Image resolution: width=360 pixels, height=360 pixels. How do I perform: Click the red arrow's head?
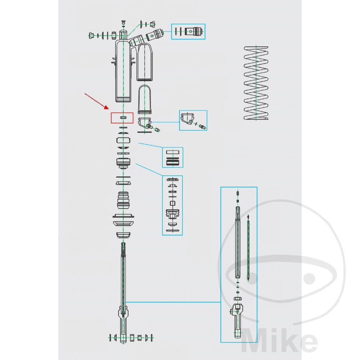107,107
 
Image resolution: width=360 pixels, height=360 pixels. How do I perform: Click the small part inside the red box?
123,118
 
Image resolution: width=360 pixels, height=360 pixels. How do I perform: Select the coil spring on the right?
256,83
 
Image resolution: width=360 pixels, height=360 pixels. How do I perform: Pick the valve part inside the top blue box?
194,31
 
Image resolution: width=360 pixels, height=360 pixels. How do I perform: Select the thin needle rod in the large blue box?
248,248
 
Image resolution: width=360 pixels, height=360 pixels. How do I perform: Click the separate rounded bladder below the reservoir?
144,99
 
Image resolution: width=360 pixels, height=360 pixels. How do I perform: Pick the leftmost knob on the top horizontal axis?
91,36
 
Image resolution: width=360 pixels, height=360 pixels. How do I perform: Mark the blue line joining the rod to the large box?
173,302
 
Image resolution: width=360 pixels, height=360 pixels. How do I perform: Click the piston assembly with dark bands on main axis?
123,163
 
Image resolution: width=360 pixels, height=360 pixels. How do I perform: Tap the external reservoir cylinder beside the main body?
144,62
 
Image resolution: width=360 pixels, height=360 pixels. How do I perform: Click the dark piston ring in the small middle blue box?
173,163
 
